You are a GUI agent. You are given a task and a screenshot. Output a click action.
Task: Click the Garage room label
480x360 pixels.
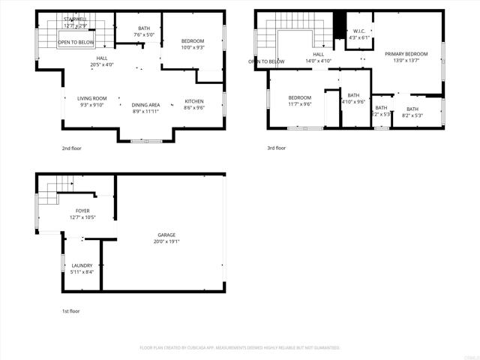(x=166, y=235)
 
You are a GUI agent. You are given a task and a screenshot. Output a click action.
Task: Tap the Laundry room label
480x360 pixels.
(x=82, y=265)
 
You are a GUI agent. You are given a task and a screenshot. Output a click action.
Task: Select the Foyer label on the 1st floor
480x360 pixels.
(x=82, y=211)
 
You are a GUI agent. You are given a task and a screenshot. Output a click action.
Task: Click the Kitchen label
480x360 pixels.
(x=194, y=101)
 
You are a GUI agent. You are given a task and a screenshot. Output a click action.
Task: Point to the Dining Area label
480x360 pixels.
(x=145, y=105)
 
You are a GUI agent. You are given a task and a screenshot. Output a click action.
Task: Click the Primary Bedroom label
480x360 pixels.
(x=406, y=54)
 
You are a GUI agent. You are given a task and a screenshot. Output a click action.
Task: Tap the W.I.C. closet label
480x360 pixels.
(x=358, y=31)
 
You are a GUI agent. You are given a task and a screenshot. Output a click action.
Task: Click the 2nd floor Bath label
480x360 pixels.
(x=143, y=28)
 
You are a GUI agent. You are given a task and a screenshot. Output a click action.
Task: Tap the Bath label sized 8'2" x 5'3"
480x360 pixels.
(x=412, y=109)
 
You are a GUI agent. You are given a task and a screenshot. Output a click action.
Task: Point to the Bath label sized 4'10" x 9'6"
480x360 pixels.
(x=353, y=95)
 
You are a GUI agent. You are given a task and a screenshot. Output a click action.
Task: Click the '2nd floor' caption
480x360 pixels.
(x=72, y=148)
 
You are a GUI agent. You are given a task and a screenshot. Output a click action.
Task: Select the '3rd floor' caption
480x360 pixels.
(x=277, y=148)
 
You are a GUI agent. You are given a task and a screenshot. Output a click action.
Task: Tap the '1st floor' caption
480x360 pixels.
(x=70, y=310)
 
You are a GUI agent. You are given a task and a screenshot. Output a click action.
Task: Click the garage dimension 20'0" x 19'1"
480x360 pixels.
(x=166, y=241)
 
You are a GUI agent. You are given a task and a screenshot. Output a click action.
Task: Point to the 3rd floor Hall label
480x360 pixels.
(x=318, y=54)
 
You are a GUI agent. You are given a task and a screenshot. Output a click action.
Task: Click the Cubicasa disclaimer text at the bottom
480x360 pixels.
(x=240, y=347)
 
